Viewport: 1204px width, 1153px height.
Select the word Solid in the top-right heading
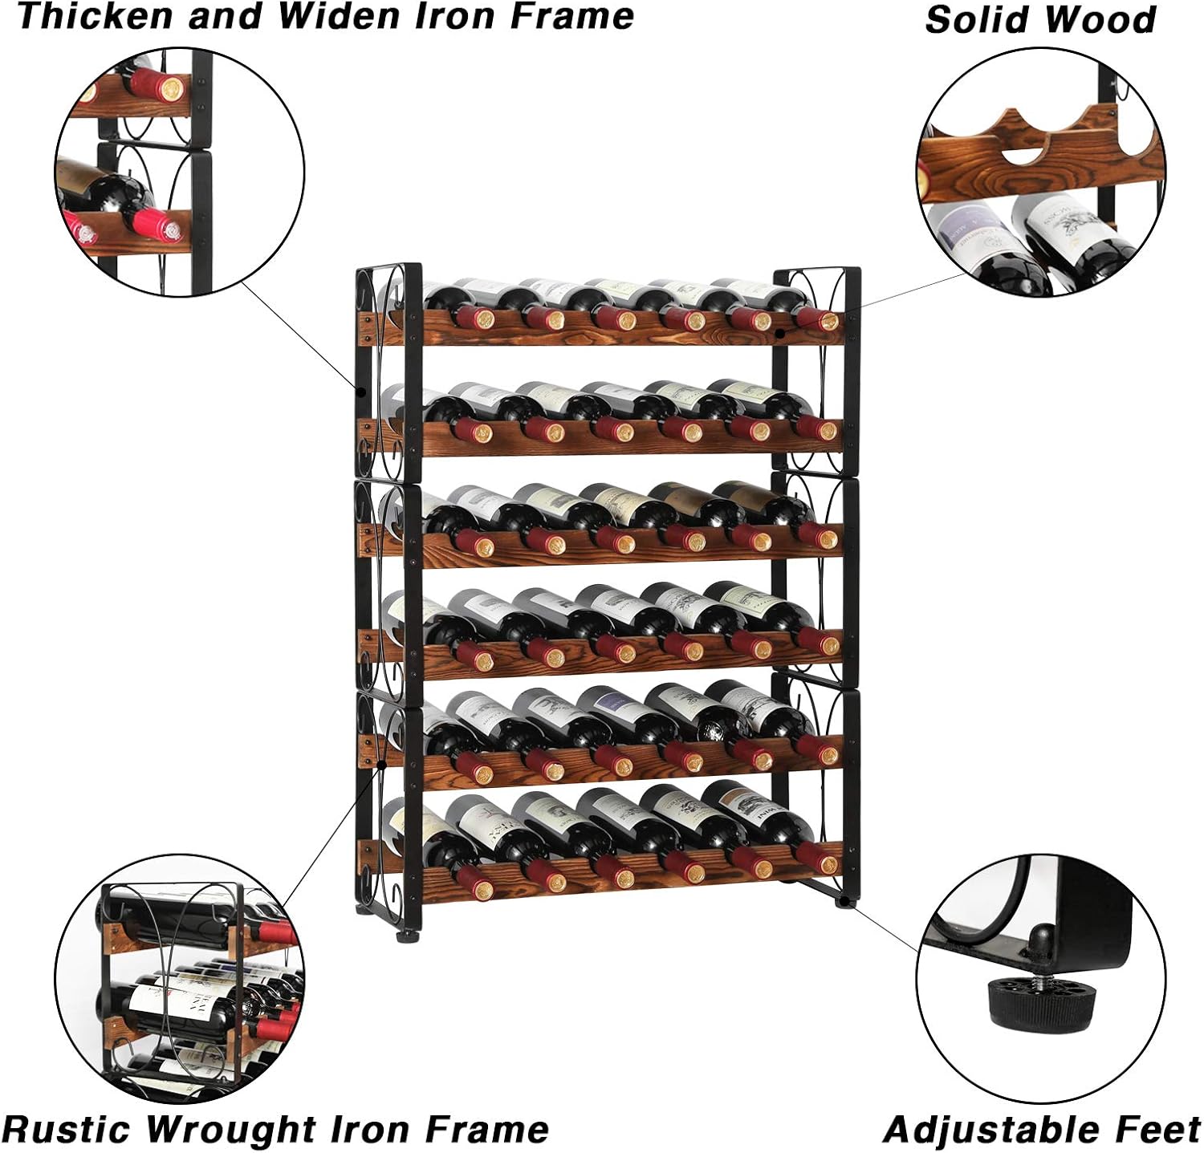click(x=971, y=19)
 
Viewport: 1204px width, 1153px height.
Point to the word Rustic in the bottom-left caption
click(x=72, y=1129)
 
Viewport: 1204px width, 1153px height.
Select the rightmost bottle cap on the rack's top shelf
click(x=828, y=321)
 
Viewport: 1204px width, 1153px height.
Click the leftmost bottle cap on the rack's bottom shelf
click(x=482, y=889)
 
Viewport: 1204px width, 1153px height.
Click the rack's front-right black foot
click(x=844, y=902)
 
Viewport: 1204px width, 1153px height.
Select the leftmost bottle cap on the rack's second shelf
click(x=482, y=432)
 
